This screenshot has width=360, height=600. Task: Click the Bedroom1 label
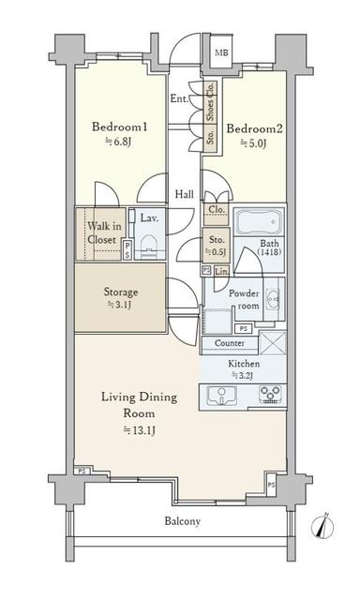[x=119, y=127]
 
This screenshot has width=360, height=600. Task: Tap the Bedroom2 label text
[x=254, y=128]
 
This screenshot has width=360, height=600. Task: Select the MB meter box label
[x=221, y=52]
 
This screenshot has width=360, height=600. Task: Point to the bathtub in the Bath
[x=259, y=221]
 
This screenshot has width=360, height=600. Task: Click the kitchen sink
[x=222, y=396]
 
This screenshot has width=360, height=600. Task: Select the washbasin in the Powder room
[x=274, y=299]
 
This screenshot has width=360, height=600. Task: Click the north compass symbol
[x=322, y=527]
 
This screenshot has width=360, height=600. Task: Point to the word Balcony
[x=183, y=521]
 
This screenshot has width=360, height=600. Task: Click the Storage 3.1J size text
[x=121, y=305]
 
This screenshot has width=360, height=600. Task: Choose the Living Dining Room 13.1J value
[x=140, y=431]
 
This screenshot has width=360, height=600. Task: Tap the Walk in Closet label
[x=104, y=233]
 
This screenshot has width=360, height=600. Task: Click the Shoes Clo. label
[x=210, y=102]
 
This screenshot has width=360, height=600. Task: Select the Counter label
[x=230, y=343]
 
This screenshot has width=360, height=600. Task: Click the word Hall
[x=185, y=194]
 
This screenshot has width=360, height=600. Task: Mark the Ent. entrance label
[x=179, y=98]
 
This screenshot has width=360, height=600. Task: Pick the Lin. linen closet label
[x=221, y=271]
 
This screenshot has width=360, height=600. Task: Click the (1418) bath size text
[x=269, y=252]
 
